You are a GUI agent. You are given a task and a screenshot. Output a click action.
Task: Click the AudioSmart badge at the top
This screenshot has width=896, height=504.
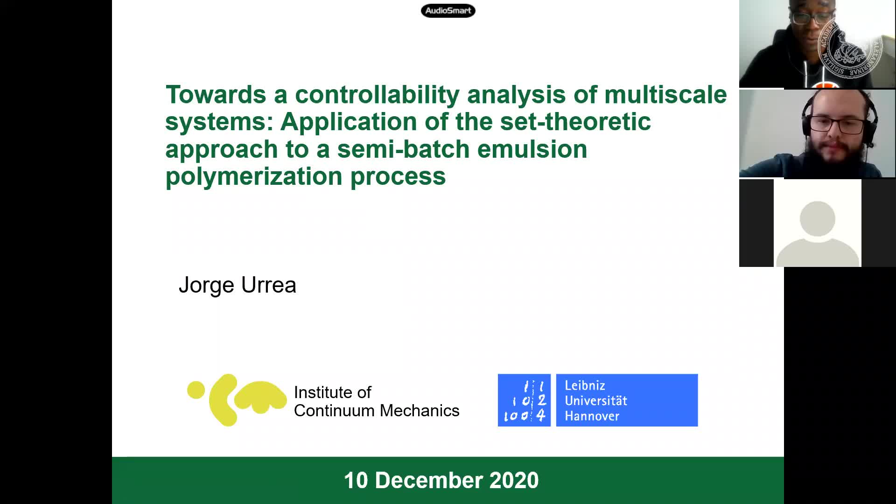tap(448, 11)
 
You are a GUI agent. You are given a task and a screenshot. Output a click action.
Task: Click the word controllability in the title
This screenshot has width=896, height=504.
tap(377, 95)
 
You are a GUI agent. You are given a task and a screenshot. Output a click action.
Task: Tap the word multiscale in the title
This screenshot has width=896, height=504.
tap(665, 94)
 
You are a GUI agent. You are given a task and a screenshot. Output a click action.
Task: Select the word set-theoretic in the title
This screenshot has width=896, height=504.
tap(575, 122)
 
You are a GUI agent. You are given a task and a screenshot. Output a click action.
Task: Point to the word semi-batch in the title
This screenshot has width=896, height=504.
tap(403, 149)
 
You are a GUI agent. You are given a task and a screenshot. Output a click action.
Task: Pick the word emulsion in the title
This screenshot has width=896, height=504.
tap(532, 149)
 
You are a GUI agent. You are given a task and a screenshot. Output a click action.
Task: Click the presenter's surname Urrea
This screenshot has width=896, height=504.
tap(268, 285)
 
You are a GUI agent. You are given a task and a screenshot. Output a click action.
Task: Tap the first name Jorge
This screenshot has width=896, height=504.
tap(206, 286)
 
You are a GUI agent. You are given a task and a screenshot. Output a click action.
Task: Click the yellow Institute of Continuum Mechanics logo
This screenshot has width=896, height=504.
tap(237, 400)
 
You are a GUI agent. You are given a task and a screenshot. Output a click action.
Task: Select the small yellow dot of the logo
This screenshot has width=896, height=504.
tap(196, 390)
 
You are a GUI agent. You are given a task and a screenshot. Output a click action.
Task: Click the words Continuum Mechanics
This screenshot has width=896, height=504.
tap(377, 411)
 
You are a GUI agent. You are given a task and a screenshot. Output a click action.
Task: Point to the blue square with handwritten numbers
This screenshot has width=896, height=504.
tap(524, 400)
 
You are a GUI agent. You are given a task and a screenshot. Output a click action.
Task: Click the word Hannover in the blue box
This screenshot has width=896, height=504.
tap(592, 416)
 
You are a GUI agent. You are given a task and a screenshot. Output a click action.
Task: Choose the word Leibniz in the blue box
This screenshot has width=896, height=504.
tap(585, 385)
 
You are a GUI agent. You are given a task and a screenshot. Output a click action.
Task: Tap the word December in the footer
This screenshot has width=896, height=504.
tap(428, 480)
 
